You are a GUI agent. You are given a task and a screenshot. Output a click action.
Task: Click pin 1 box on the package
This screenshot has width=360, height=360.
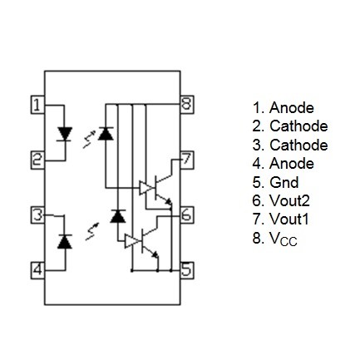click(x=37, y=105)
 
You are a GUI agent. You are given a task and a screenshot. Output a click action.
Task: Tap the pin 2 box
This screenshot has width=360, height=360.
click(x=37, y=160)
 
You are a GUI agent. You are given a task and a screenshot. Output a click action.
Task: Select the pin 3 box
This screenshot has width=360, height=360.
click(x=37, y=215)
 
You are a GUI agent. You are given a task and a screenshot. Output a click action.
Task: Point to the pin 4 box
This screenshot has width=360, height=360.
click(x=37, y=270)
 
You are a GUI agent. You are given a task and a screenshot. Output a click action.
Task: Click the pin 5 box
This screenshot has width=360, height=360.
click(x=187, y=270)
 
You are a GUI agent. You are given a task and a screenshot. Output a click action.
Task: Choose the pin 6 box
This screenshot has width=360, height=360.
click(x=187, y=215)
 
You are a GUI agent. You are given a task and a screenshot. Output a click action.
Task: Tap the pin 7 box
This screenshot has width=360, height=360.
click(x=187, y=160)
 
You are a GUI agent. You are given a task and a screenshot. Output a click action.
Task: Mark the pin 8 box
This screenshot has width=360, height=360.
click(x=187, y=105)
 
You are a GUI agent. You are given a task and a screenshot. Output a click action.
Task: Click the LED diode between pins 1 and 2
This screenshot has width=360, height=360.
click(x=65, y=134)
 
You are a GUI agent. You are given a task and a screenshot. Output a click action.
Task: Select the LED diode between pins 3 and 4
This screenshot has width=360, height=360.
click(x=65, y=241)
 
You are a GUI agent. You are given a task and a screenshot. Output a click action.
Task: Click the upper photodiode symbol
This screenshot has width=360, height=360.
click(x=106, y=133)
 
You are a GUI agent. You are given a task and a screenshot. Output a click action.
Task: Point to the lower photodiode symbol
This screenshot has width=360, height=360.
click(x=118, y=216)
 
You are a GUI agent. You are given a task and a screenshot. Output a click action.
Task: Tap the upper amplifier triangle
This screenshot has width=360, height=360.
click(x=145, y=188)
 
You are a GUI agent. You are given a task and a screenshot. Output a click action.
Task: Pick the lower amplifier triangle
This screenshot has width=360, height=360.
click(x=131, y=241)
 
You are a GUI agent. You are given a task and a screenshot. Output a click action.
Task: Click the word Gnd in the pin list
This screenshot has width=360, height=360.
click(x=284, y=182)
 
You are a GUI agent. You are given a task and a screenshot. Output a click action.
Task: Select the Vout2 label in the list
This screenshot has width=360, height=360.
click(x=289, y=200)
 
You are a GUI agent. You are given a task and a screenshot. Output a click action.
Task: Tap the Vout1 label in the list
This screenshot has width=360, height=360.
click(x=289, y=219)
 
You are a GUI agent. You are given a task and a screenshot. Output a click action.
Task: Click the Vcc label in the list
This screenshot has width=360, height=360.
click(x=283, y=239)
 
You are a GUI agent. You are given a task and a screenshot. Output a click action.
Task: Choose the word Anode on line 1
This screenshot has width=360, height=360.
click(x=292, y=107)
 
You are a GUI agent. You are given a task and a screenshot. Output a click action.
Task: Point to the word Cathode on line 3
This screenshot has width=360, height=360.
click(x=298, y=145)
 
